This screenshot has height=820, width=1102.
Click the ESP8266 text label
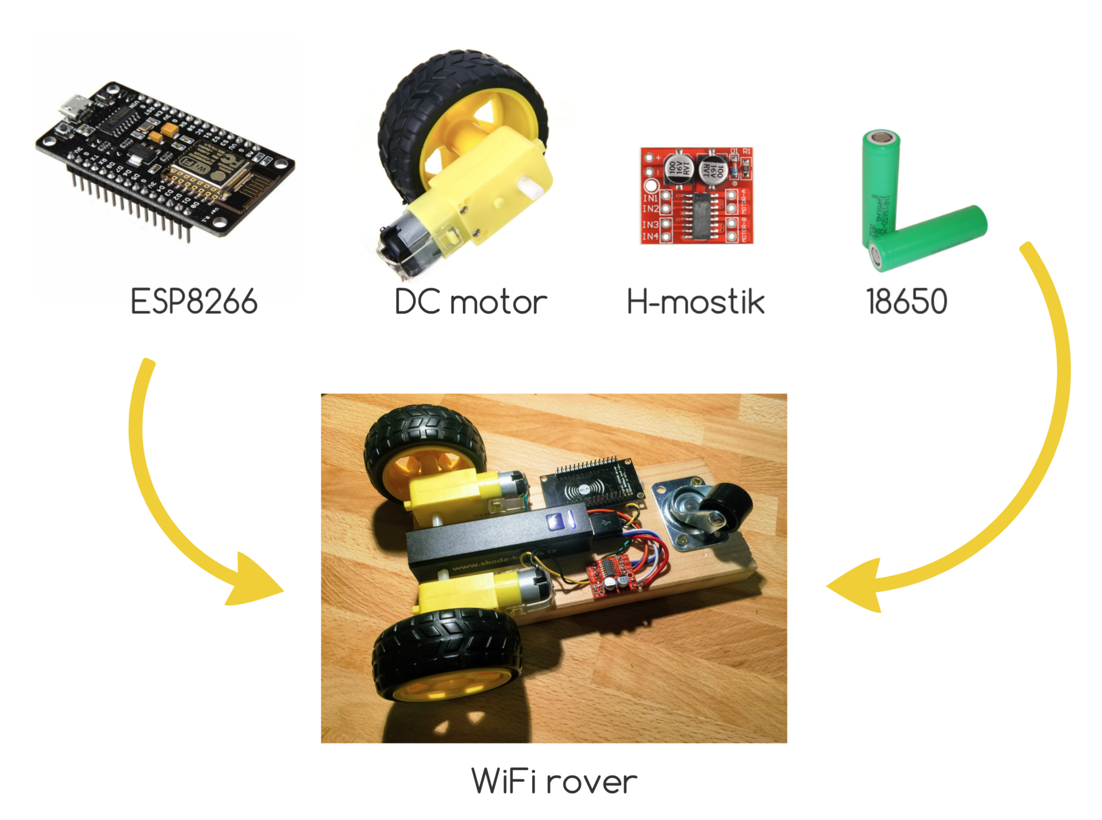(x=194, y=302)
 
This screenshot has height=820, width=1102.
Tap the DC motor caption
(x=471, y=302)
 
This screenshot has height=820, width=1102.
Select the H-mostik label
(x=696, y=302)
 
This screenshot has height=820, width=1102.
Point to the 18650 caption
(x=906, y=302)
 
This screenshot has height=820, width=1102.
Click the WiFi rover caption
(x=554, y=781)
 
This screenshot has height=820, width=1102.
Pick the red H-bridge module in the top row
(x=697, y=195)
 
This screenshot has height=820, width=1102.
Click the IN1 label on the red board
(x=650, y=198)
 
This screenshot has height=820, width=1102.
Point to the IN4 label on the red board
(x=650, y=236)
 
